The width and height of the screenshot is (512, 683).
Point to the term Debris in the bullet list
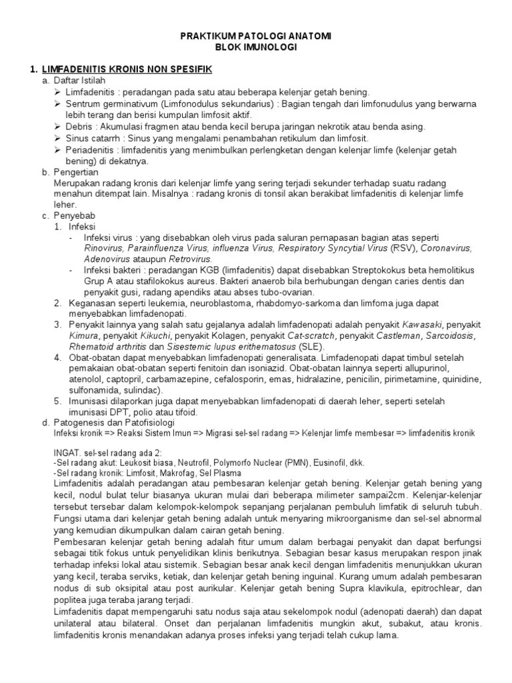[80, 126]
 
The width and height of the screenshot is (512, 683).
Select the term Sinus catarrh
[95, 138]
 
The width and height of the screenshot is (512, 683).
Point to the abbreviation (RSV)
[403, 248]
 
